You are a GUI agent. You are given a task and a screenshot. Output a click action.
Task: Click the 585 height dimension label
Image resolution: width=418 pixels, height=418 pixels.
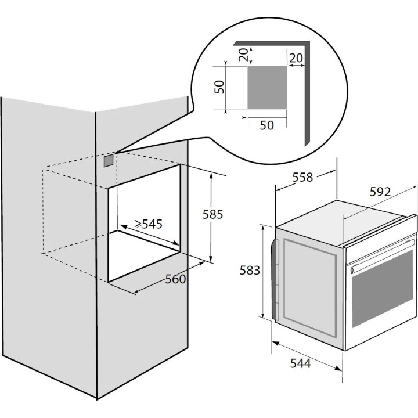coord(212,214)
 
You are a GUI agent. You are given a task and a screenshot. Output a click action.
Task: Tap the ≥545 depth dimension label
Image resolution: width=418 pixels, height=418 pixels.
coord(148,224)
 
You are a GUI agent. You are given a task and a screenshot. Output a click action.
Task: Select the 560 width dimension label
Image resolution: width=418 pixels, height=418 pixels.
coord(175,279)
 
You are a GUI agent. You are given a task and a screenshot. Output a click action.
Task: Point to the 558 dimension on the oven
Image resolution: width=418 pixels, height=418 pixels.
coord(302,177)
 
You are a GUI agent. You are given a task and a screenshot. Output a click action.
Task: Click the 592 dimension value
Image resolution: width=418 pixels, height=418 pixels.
coord(380,192)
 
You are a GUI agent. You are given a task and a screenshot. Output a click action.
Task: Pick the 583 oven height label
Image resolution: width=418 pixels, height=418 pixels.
coord(250,271)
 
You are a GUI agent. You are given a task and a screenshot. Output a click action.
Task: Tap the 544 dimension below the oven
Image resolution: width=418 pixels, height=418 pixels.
coord(301,363)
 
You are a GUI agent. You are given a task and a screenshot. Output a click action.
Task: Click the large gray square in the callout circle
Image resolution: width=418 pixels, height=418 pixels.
coord(268,88)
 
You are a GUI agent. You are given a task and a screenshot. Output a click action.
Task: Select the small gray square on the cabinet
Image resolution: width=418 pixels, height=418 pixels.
coord(109,160)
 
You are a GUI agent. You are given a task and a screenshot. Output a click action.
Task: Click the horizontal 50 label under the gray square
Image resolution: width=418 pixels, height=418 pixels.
coord(267,125)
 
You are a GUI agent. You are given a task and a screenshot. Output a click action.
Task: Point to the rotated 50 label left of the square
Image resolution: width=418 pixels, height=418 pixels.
coord(219,87)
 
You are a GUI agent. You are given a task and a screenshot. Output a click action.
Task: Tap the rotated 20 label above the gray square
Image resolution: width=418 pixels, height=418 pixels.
coord(243,55)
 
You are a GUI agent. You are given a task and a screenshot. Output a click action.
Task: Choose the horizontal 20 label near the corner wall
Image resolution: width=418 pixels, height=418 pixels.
coord(296,58)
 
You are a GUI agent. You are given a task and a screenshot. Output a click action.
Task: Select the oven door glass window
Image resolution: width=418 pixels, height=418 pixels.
coord(383,289)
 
